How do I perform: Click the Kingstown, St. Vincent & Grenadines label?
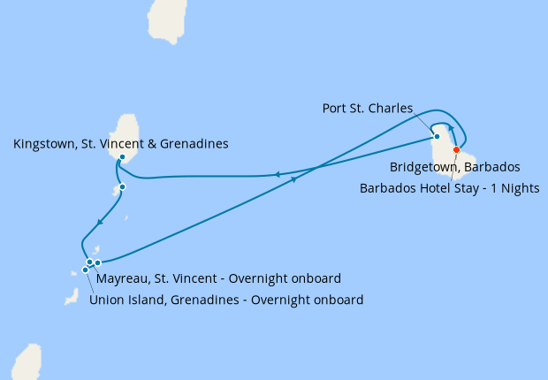(x=122, y=143)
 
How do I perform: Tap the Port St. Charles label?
(x=369, y=109)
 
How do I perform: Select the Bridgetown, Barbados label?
(x=454, y=166)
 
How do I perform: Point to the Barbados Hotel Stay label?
(x=450, y=187)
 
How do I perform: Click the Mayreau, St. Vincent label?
(x=218, y=278)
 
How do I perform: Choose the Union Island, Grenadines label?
(x=226, y=300)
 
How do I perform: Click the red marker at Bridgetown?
(x=456, y=149)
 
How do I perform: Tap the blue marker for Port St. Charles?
(x=437, y=136)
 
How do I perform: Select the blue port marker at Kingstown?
(x=122, y=157)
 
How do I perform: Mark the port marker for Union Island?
(x=85, y=270)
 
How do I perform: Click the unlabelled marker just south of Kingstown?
(x=122, y=186)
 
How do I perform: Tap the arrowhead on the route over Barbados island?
(x=451, y=129)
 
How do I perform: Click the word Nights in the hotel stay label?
(x=520, y=187)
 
